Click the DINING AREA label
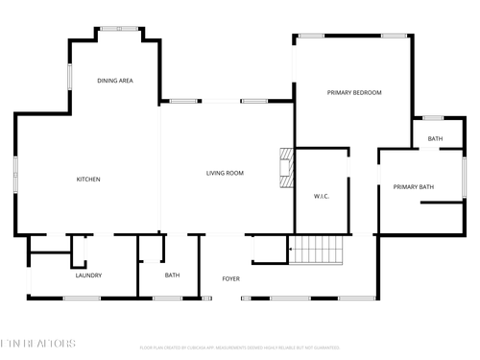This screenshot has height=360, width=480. coord(114,81)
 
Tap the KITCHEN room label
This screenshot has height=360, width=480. coord(88,179)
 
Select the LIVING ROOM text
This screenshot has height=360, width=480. coord(225,173)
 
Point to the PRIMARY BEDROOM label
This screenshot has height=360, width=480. coord(354,92)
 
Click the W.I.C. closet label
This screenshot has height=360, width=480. coord(322,196)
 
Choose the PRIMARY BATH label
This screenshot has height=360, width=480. coord(413,186)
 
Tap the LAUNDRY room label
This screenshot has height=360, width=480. coord(88,276)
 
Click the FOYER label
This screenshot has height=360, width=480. coord(230,278)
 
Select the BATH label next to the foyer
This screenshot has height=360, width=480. coord(172,276)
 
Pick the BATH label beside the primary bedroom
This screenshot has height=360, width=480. coord(435,139)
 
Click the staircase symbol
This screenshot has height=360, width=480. coord(317,252)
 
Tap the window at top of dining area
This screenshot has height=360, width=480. coord(118,28)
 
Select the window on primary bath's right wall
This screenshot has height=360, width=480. coord(465,184)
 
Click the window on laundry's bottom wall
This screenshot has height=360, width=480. coord(82,298)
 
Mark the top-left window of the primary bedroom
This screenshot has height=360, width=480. coord(310,36)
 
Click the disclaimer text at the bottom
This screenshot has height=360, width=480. coord(240,347)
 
